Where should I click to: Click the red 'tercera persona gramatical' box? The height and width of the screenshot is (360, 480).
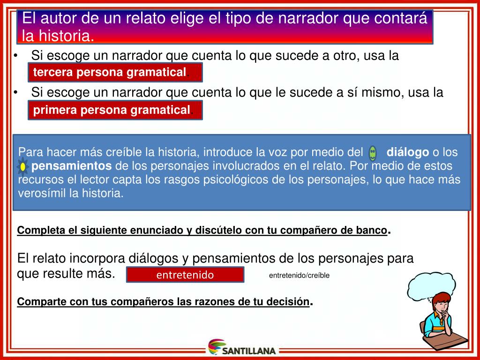click(x=115, y=72)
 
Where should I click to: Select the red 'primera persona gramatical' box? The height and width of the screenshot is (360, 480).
click(x=115, y=110)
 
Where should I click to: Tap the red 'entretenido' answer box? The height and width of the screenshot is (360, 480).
click(x=185, y=275)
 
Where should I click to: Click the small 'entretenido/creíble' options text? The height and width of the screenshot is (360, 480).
click(x=299, y=276)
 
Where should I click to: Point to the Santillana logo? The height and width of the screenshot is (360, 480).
click(x=243, y=348)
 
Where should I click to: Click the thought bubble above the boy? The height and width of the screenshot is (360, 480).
click(x=431, y=284)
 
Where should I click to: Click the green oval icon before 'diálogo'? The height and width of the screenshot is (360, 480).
click(x=373, y=152)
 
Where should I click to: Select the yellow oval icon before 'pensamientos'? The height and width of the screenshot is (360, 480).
click(x=23, y=166)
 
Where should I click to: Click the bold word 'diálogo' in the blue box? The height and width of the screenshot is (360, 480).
click(x=407, y=152)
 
